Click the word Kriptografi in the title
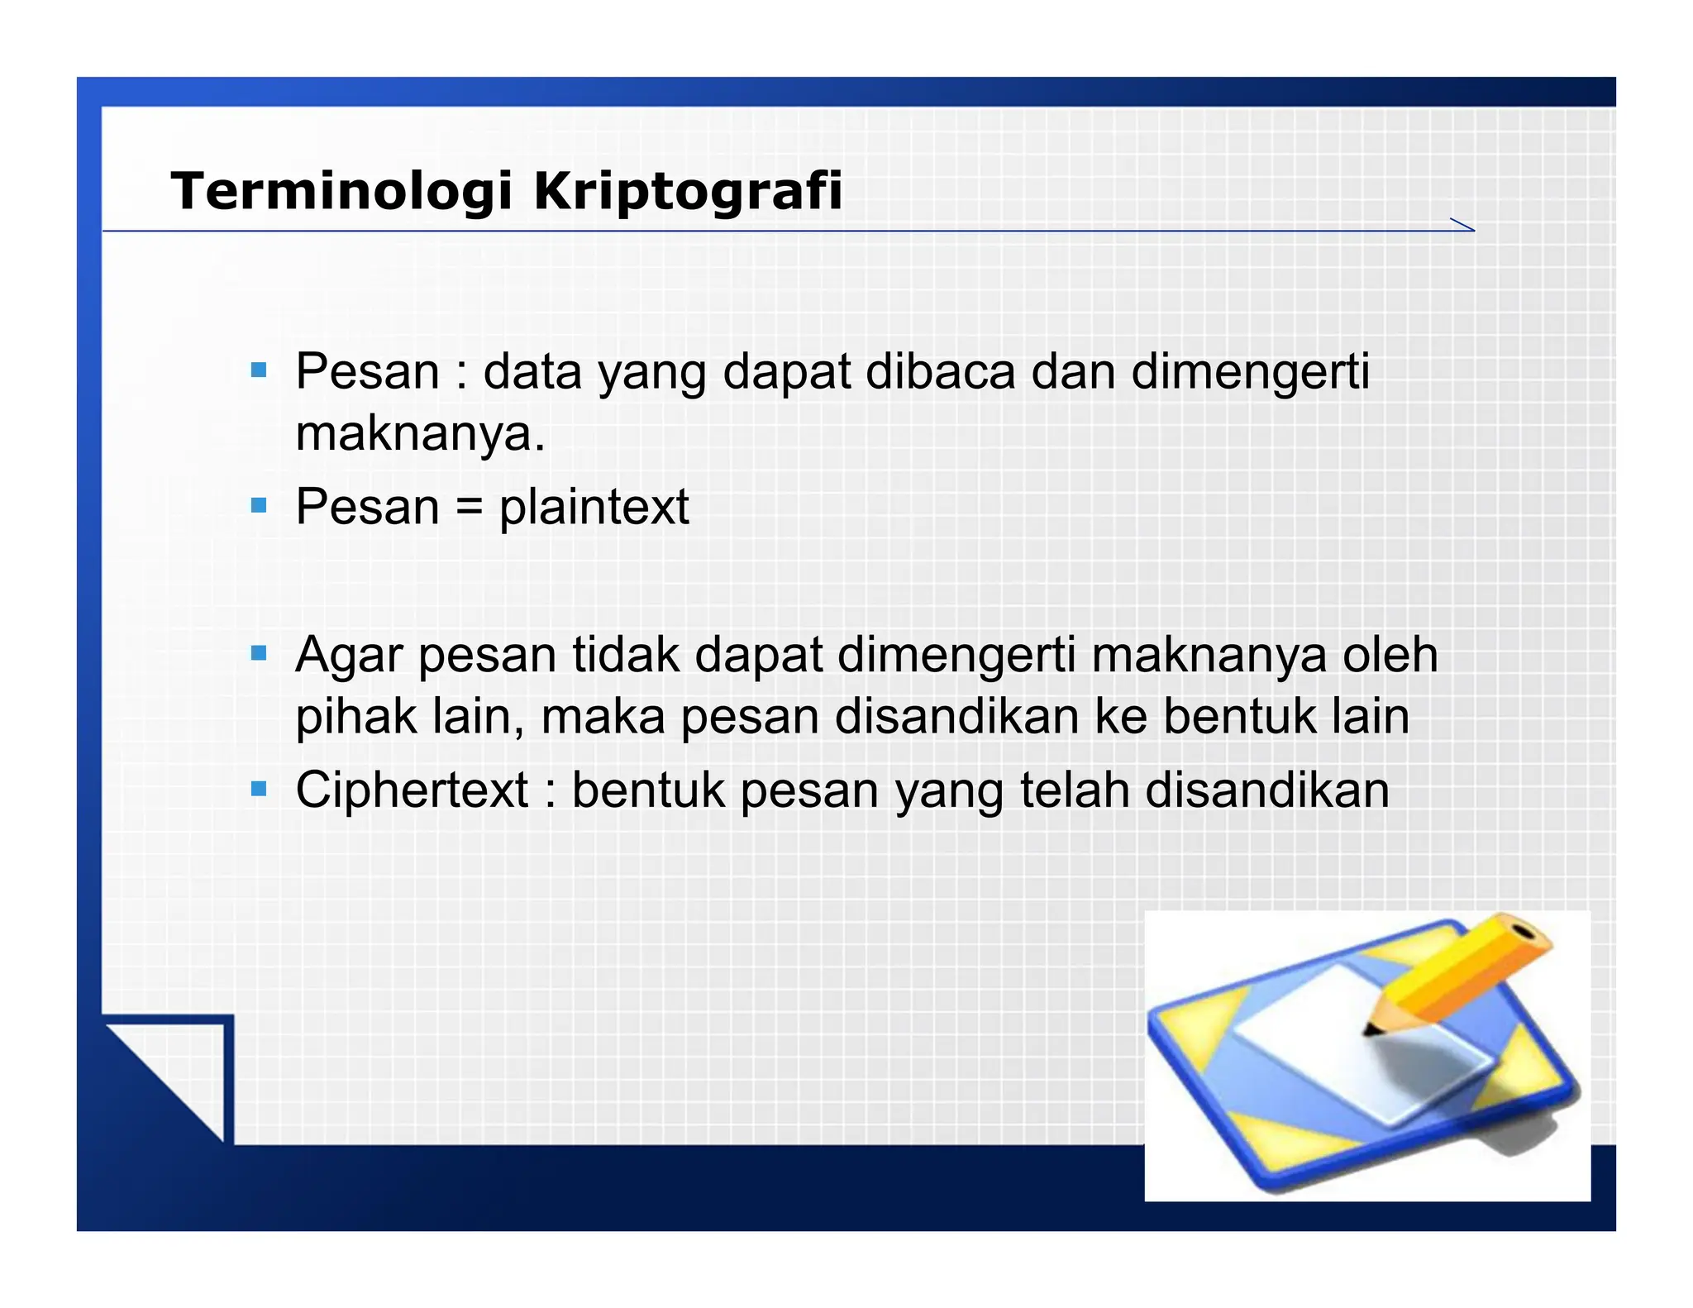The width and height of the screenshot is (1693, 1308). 688,191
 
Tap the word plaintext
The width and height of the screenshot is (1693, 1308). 594,507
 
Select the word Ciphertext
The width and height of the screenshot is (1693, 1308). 412,790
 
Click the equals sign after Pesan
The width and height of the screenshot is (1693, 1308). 469,507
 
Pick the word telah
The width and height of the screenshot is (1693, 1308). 1074,790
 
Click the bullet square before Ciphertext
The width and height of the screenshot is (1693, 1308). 259,789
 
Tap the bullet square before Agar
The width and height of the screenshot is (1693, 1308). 259,654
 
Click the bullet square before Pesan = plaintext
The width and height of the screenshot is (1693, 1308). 259,505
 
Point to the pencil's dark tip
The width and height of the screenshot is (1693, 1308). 1371,1030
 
